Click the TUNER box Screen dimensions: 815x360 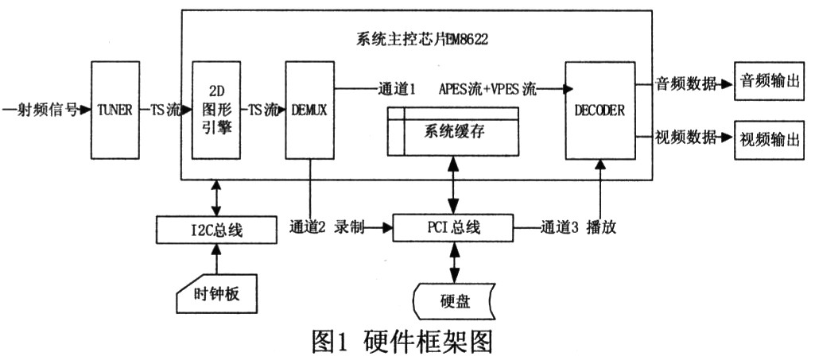click(115, 110)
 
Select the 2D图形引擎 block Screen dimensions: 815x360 click(215, 110)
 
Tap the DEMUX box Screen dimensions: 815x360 click(310, 110)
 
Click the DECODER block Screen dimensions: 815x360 click(600, 110)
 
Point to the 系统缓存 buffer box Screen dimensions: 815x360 click(452, 131)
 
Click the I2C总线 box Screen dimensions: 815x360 click(215, 229)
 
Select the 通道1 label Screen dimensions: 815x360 click(395, 89)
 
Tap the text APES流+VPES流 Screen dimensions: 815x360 click(487, 89)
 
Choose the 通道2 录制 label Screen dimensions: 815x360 click(327, 227)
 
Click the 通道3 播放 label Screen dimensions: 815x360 click(579, 227)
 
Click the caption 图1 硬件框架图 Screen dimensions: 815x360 click(401, 342)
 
